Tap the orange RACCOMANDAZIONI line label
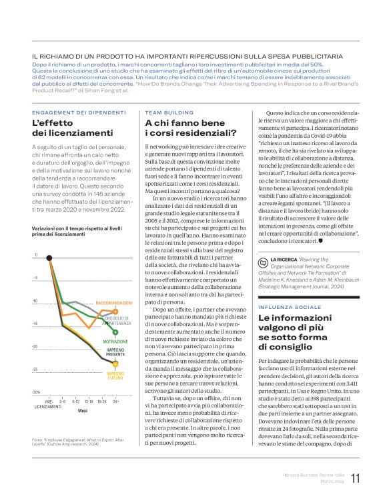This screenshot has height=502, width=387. coord(114,303)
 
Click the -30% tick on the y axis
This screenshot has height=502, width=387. coord(36,392)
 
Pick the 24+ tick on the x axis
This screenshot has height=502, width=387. coord(116,402)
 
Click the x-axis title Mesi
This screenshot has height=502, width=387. coord(82,411)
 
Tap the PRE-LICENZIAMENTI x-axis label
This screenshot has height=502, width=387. coord(49,404)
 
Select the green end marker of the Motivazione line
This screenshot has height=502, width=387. coord(116,332)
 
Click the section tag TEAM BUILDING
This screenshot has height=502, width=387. coord(169,113)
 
